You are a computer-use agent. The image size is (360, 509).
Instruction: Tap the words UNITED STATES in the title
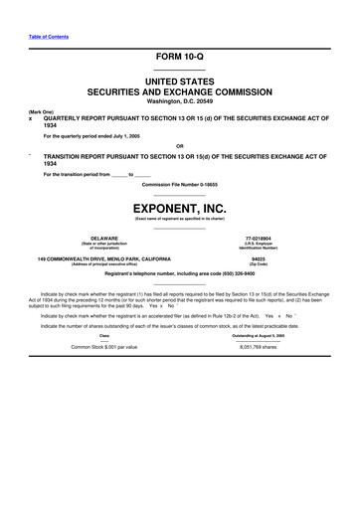(x=180, y=79)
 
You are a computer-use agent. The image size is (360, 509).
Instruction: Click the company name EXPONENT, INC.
(x=180, y=210)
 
